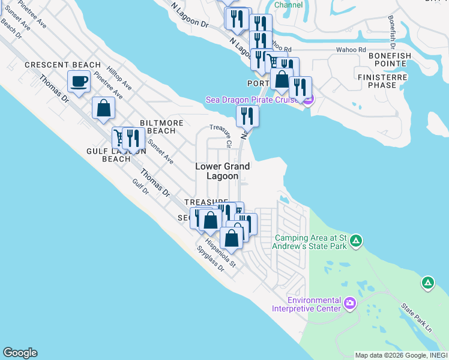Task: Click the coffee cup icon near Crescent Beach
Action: pyautogui.click(x=79, y=81)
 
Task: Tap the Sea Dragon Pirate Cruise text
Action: pyautogui.click(x=253, y=100)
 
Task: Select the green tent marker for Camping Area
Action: pyautogui.click(x=356, y=241)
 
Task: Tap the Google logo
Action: pyautogui.click(x=20, y=353)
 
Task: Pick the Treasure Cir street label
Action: pyautogui.click(x=220, y=136)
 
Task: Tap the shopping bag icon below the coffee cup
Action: pyautogui.click(x=104, y=108)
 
